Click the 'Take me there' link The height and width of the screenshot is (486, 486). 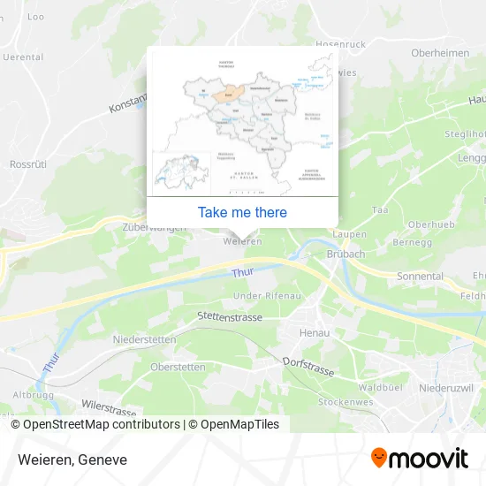[242, 212]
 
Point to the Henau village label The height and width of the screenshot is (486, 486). [315, 332]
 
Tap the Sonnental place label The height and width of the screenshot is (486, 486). [420, 277]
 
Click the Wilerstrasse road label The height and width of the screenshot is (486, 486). [108, 409]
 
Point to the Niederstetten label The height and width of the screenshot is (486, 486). [145, 339]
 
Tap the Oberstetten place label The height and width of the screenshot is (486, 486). [178, 367]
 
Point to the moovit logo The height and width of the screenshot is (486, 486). [419, 459]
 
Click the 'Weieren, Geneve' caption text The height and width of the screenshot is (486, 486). [71, 459]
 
